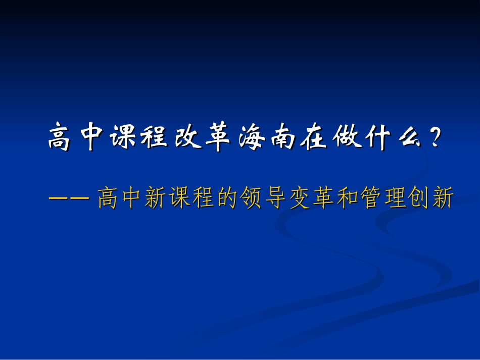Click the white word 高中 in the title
click(76, 138)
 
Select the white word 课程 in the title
click(138, 138)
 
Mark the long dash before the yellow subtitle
click(68, 198)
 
